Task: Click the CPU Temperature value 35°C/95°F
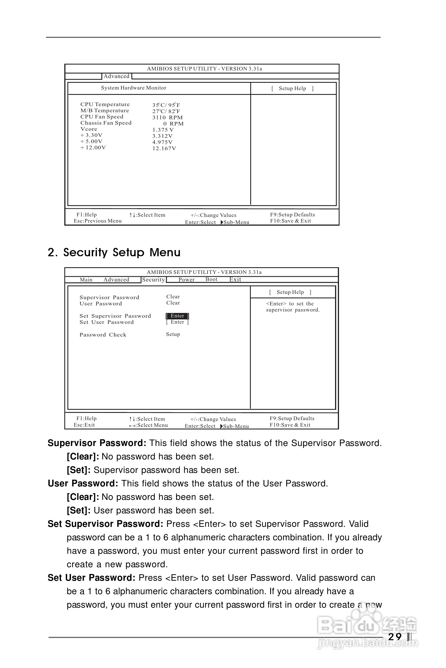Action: point(166,105)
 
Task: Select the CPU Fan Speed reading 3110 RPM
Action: point(167,117)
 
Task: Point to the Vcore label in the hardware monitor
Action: point(89,129)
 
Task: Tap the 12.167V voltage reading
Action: point(164,148)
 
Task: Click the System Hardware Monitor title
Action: point(134,88)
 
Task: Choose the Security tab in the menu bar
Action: point(153,280)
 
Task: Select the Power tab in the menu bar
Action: point(186,280)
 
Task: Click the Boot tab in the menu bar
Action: point(211,280)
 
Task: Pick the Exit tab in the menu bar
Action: point(235,280)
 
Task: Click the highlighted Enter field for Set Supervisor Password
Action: point(178,316)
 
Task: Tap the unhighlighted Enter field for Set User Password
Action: point(178,322)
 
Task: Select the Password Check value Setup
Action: point(173,334)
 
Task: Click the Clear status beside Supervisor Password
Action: point(173,297)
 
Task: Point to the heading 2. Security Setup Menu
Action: point(114,252)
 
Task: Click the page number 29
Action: point(395,637)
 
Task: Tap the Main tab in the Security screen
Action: point(86,280)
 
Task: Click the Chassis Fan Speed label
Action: point(106,123)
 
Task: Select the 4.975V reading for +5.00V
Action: point(162,142)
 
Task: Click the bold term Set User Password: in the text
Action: point(91,578)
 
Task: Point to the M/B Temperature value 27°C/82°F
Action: point(166,111)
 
